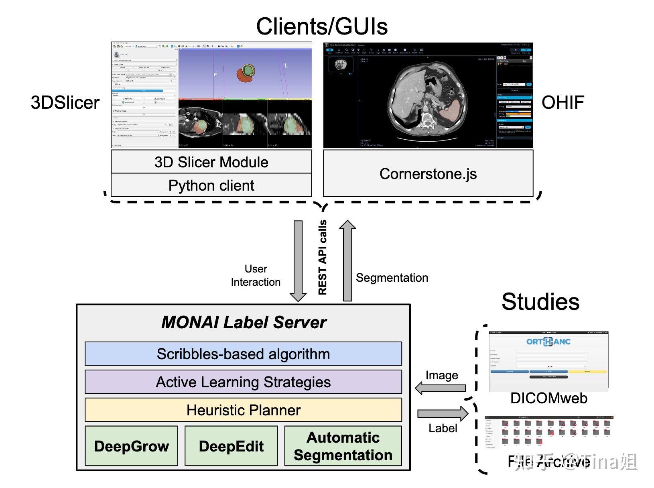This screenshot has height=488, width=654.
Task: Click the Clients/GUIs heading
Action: (322, 26)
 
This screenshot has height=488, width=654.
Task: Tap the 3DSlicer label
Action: (65, 103)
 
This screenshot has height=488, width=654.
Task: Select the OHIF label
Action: (563, 103)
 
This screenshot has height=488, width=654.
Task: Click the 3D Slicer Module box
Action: (211, 162)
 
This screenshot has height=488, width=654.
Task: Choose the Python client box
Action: (211, 185)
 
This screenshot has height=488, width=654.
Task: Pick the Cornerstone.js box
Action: (428, 174)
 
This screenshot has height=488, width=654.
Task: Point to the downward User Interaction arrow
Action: (298, 261)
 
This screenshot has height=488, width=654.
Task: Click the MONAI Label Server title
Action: (244, 322)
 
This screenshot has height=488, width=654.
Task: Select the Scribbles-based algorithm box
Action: (243, 354)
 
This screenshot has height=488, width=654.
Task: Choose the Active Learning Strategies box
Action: (243, 382)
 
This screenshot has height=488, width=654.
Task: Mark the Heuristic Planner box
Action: (243, 410)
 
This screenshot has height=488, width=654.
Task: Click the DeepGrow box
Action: (132, 446)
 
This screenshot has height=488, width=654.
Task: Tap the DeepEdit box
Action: (231, 446)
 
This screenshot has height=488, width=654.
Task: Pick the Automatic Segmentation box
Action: (343, 446)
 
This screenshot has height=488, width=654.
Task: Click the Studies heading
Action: (540, 302)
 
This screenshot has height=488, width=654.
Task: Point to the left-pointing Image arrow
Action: (440, 388)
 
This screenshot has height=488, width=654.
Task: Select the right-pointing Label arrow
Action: (443, 413)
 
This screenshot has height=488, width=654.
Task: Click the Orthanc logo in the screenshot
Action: (548, 342)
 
